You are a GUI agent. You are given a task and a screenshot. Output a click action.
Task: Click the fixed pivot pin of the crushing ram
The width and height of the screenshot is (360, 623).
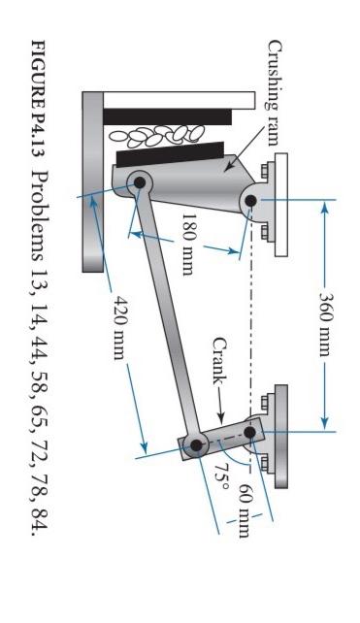click(250, 201)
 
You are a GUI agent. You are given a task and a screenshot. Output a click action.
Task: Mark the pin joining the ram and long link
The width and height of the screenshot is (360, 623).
click(137, 181)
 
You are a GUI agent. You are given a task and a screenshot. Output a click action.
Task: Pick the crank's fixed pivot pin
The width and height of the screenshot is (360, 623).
click(250, 432)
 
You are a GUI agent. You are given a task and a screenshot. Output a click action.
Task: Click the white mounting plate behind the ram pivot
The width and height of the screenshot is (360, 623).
click(281, 205)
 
